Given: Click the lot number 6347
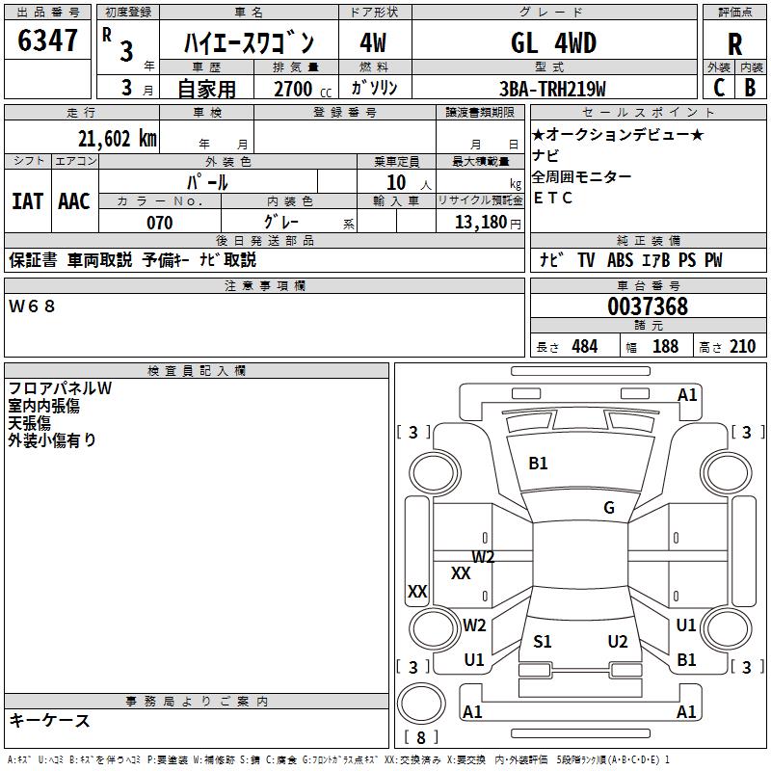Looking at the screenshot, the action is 47,40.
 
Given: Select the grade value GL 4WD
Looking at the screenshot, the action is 553,42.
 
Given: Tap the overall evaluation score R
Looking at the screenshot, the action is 734,44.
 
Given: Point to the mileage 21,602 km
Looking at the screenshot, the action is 118,139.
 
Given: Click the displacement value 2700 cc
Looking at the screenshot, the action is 303,89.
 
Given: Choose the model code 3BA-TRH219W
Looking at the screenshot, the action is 552,89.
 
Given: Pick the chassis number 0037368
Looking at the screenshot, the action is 648,306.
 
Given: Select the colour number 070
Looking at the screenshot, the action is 160,223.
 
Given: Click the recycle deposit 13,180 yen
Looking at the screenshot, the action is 488,223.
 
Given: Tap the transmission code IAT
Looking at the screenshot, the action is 28,201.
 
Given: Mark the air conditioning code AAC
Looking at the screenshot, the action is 74,201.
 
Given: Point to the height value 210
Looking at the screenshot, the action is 742,347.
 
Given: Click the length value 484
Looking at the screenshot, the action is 585,347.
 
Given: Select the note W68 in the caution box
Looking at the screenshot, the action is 32,306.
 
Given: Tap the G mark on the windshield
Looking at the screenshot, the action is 609,508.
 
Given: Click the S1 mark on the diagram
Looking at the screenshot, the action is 543,642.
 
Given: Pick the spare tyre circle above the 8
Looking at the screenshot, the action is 421,704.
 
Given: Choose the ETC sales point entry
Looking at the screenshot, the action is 552,198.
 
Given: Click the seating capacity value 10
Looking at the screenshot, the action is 396,183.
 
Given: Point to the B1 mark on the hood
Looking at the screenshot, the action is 538,464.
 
